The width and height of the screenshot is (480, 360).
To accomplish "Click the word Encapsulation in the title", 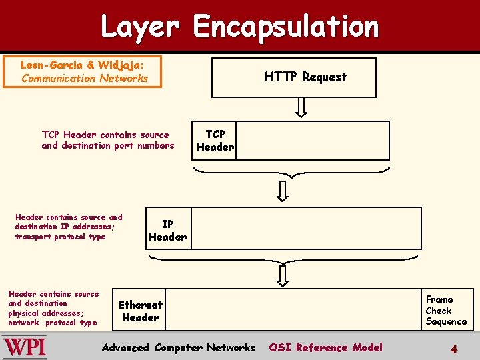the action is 285,27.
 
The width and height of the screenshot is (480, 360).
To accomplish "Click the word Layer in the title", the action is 140,27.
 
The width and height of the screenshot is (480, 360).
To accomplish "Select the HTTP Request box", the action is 294,77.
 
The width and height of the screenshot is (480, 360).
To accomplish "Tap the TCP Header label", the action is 215,141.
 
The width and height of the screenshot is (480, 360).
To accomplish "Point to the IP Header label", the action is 167,231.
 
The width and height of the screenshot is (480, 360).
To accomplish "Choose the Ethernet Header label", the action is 140,311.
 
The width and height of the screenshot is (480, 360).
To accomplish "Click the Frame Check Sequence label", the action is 446,311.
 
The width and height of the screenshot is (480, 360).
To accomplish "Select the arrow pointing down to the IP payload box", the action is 283,191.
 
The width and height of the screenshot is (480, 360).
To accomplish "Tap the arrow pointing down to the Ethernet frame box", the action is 283,275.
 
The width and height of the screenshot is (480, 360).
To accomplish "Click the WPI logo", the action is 25,347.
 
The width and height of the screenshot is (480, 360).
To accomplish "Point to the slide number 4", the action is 453,349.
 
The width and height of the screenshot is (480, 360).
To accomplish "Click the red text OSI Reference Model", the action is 325,347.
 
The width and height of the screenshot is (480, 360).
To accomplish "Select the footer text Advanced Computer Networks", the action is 178,347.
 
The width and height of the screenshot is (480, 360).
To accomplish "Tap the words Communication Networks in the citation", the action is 85,78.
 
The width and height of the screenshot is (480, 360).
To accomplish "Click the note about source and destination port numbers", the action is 107,140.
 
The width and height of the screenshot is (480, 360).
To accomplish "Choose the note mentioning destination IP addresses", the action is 69,227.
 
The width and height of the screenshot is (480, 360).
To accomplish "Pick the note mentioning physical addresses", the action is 53,308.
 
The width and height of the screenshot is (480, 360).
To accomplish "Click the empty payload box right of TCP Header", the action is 312,141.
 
